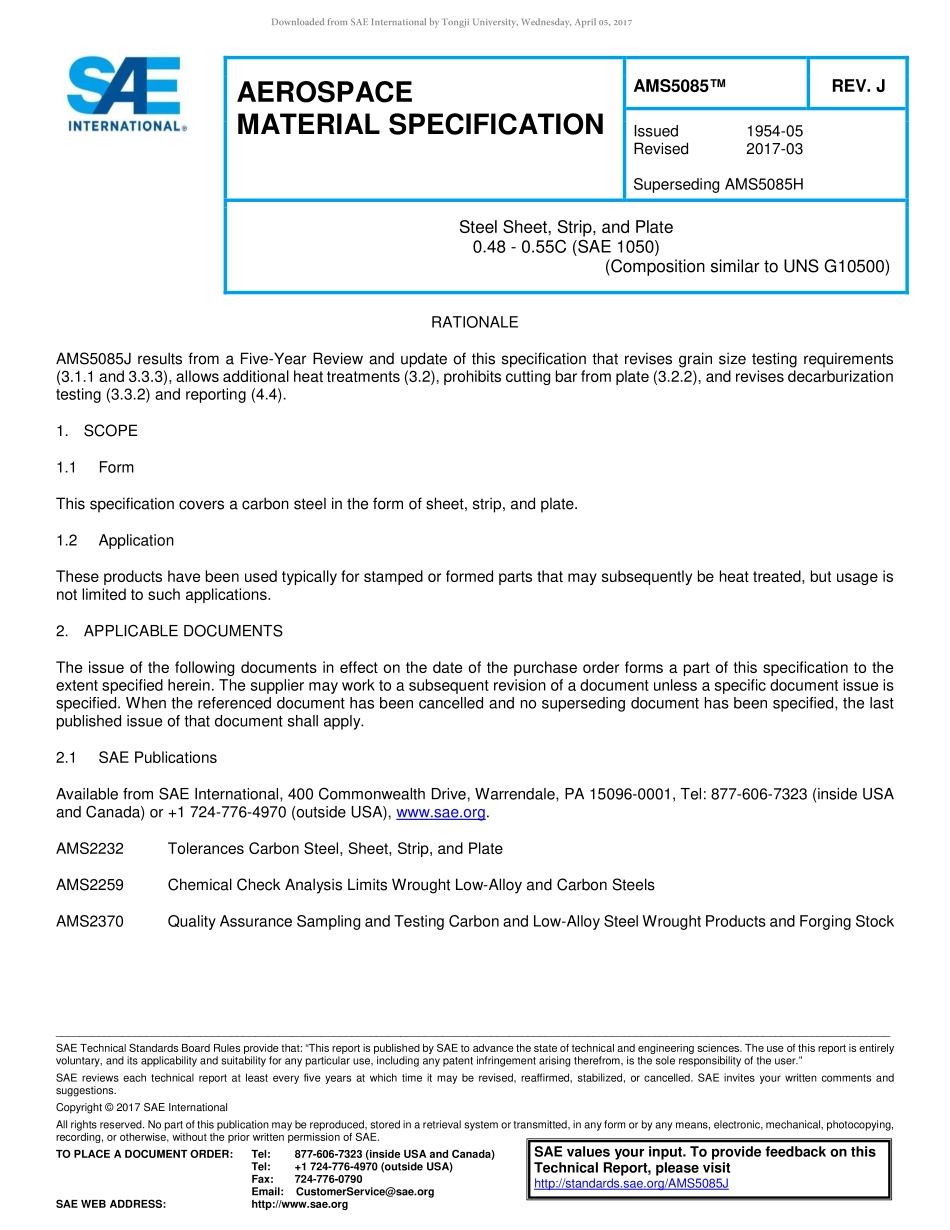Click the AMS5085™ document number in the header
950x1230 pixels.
678,87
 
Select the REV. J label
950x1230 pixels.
858,87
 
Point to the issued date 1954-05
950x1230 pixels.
774,131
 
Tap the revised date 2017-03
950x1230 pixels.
774,149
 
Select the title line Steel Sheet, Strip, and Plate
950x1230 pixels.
565,228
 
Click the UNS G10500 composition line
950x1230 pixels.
747,266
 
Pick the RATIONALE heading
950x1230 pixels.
474,322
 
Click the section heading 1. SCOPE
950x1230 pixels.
97,431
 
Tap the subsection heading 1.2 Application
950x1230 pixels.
115,540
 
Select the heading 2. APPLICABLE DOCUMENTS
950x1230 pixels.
169,631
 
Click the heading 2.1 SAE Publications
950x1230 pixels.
136,758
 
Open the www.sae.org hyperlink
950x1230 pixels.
441,813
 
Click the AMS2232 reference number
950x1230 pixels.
90,849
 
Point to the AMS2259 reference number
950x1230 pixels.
90,885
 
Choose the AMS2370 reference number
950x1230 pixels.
90,922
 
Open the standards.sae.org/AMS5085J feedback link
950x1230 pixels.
631,1183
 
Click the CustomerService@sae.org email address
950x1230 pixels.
365,1192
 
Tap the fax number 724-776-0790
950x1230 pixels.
328,1179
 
